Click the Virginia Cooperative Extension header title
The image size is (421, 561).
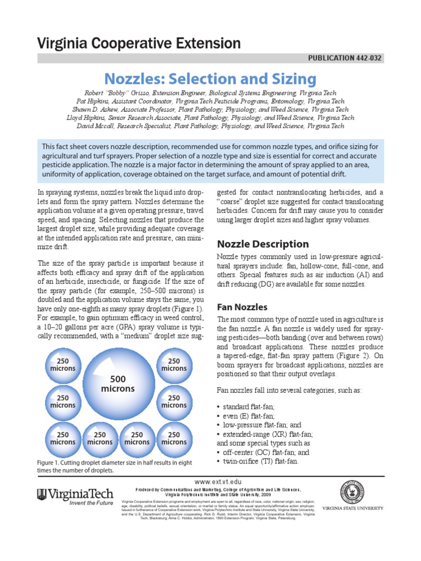139,44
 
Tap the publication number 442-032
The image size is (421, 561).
363,58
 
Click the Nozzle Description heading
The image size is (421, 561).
263,244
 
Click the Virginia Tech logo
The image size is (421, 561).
75,495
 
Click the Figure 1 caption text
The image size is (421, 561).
115,466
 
